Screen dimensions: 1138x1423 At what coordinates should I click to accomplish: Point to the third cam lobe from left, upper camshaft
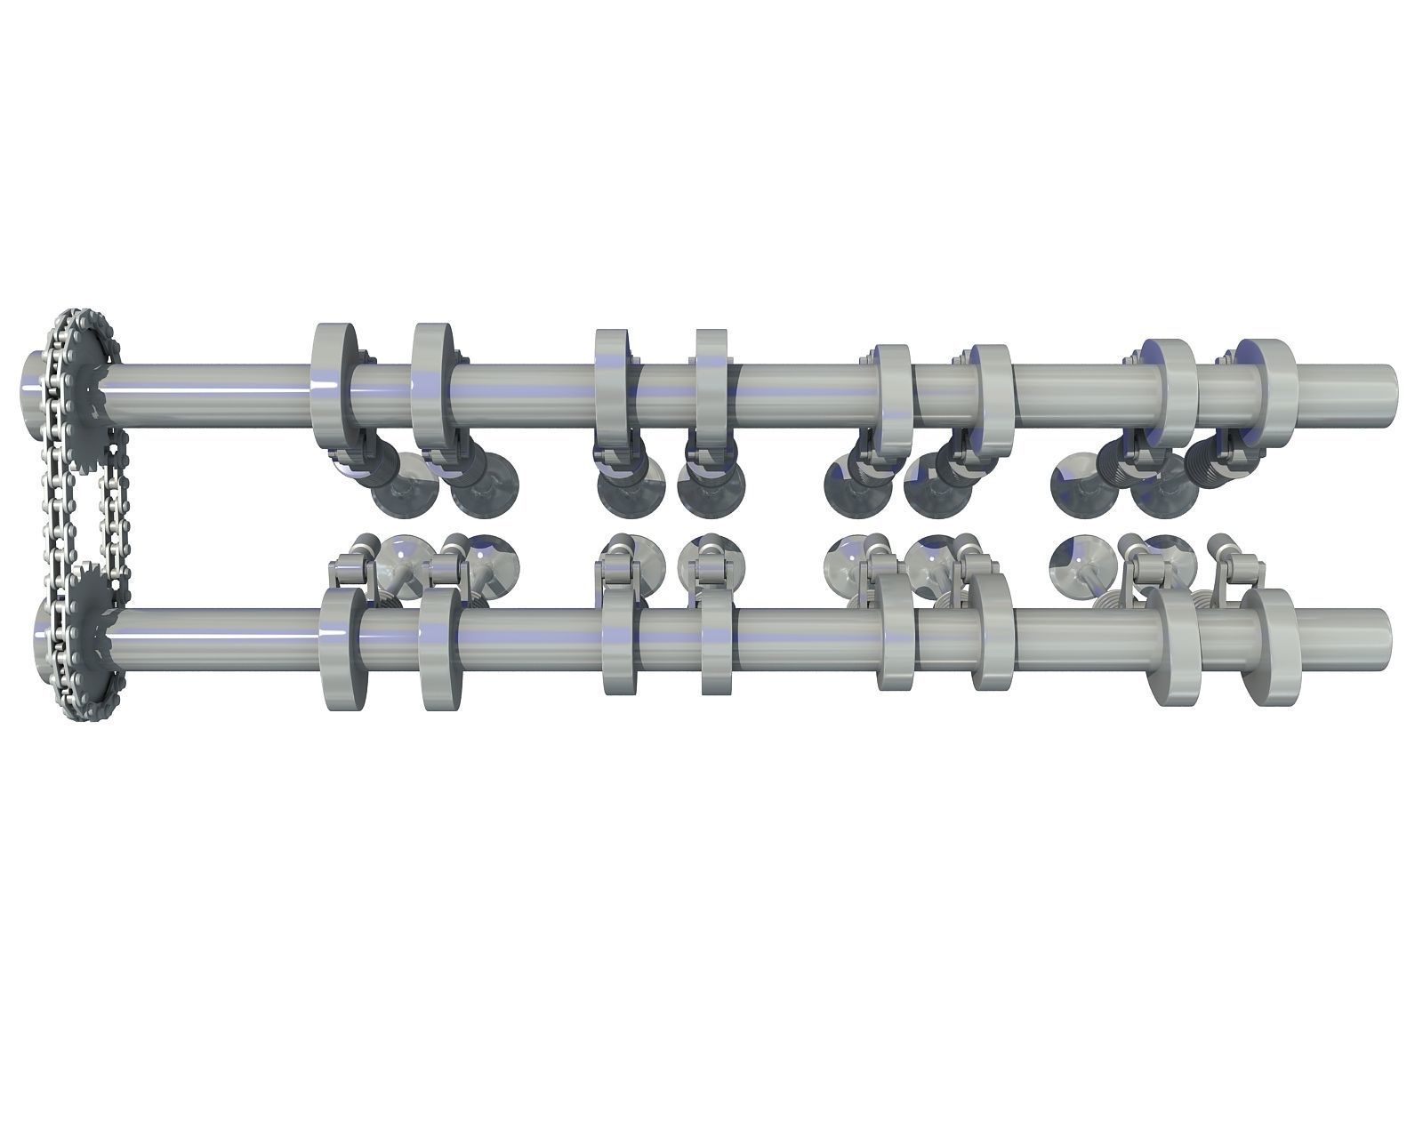pyautogui.click(x=612, y=389)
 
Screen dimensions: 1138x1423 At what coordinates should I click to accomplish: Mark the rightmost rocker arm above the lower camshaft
pyautogui.click(x=1236, y=565)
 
